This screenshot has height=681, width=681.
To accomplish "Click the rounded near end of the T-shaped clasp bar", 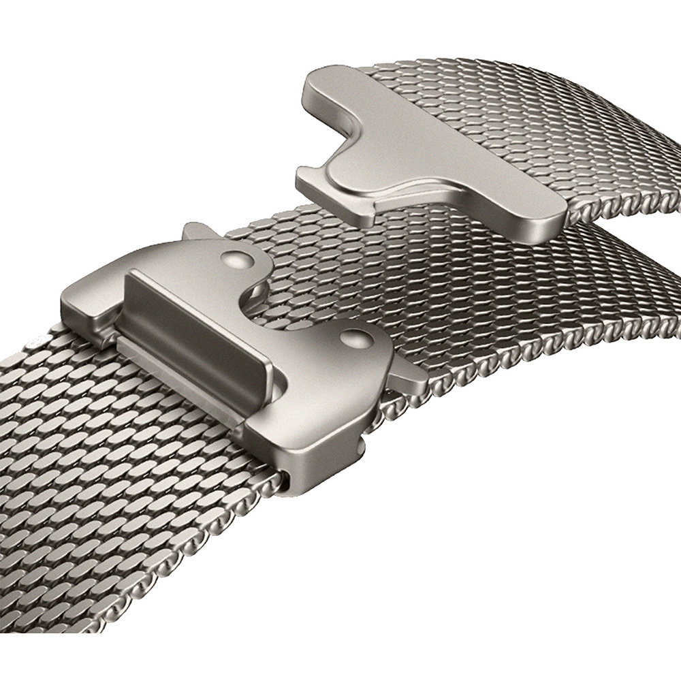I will click(538, 225).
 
